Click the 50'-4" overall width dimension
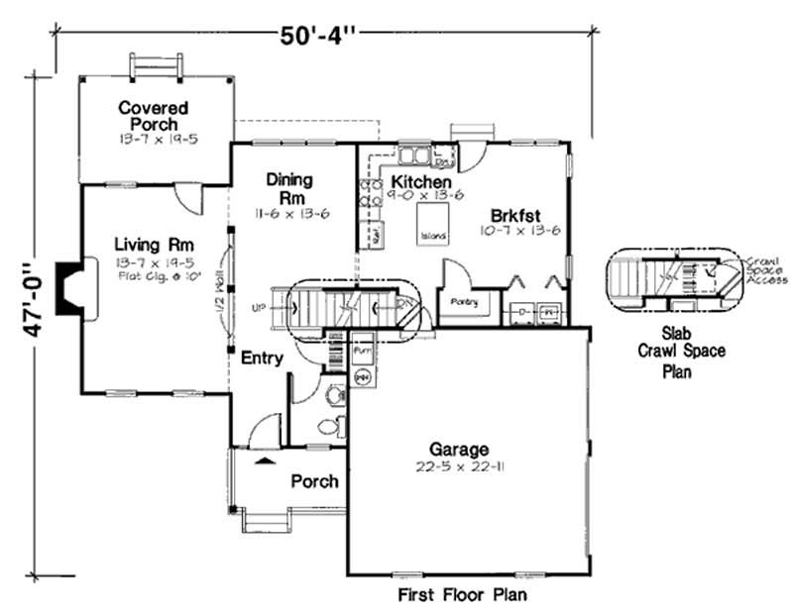tap(317, 37)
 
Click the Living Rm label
tap(153, 245)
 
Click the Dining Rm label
tap(289, 188)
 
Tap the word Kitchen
tap(421, 183)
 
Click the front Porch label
tap(314, 481)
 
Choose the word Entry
tap(262, 358)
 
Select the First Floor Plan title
tap(462, 595)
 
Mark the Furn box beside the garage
tap(362, 351)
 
